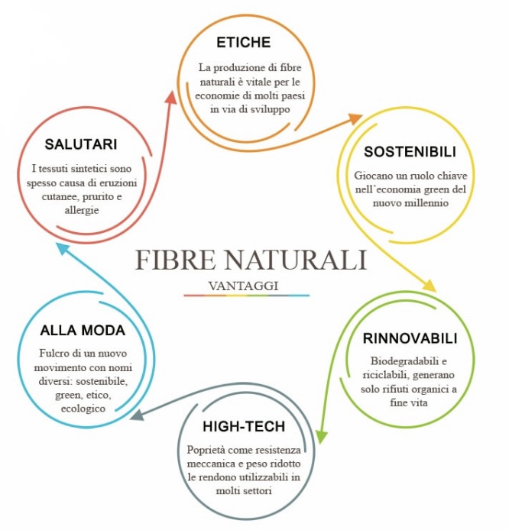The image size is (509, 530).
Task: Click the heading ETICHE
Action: point(243,42)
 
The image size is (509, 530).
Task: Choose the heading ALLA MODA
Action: point(83,330)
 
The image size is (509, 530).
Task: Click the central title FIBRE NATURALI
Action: point(250,260)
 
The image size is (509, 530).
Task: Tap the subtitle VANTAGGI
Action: point(246,285)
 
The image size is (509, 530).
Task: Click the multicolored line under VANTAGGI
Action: point(246,296)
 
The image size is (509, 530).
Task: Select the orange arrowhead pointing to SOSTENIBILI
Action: point(355,118)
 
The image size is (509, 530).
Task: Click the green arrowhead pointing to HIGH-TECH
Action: point(322,437)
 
